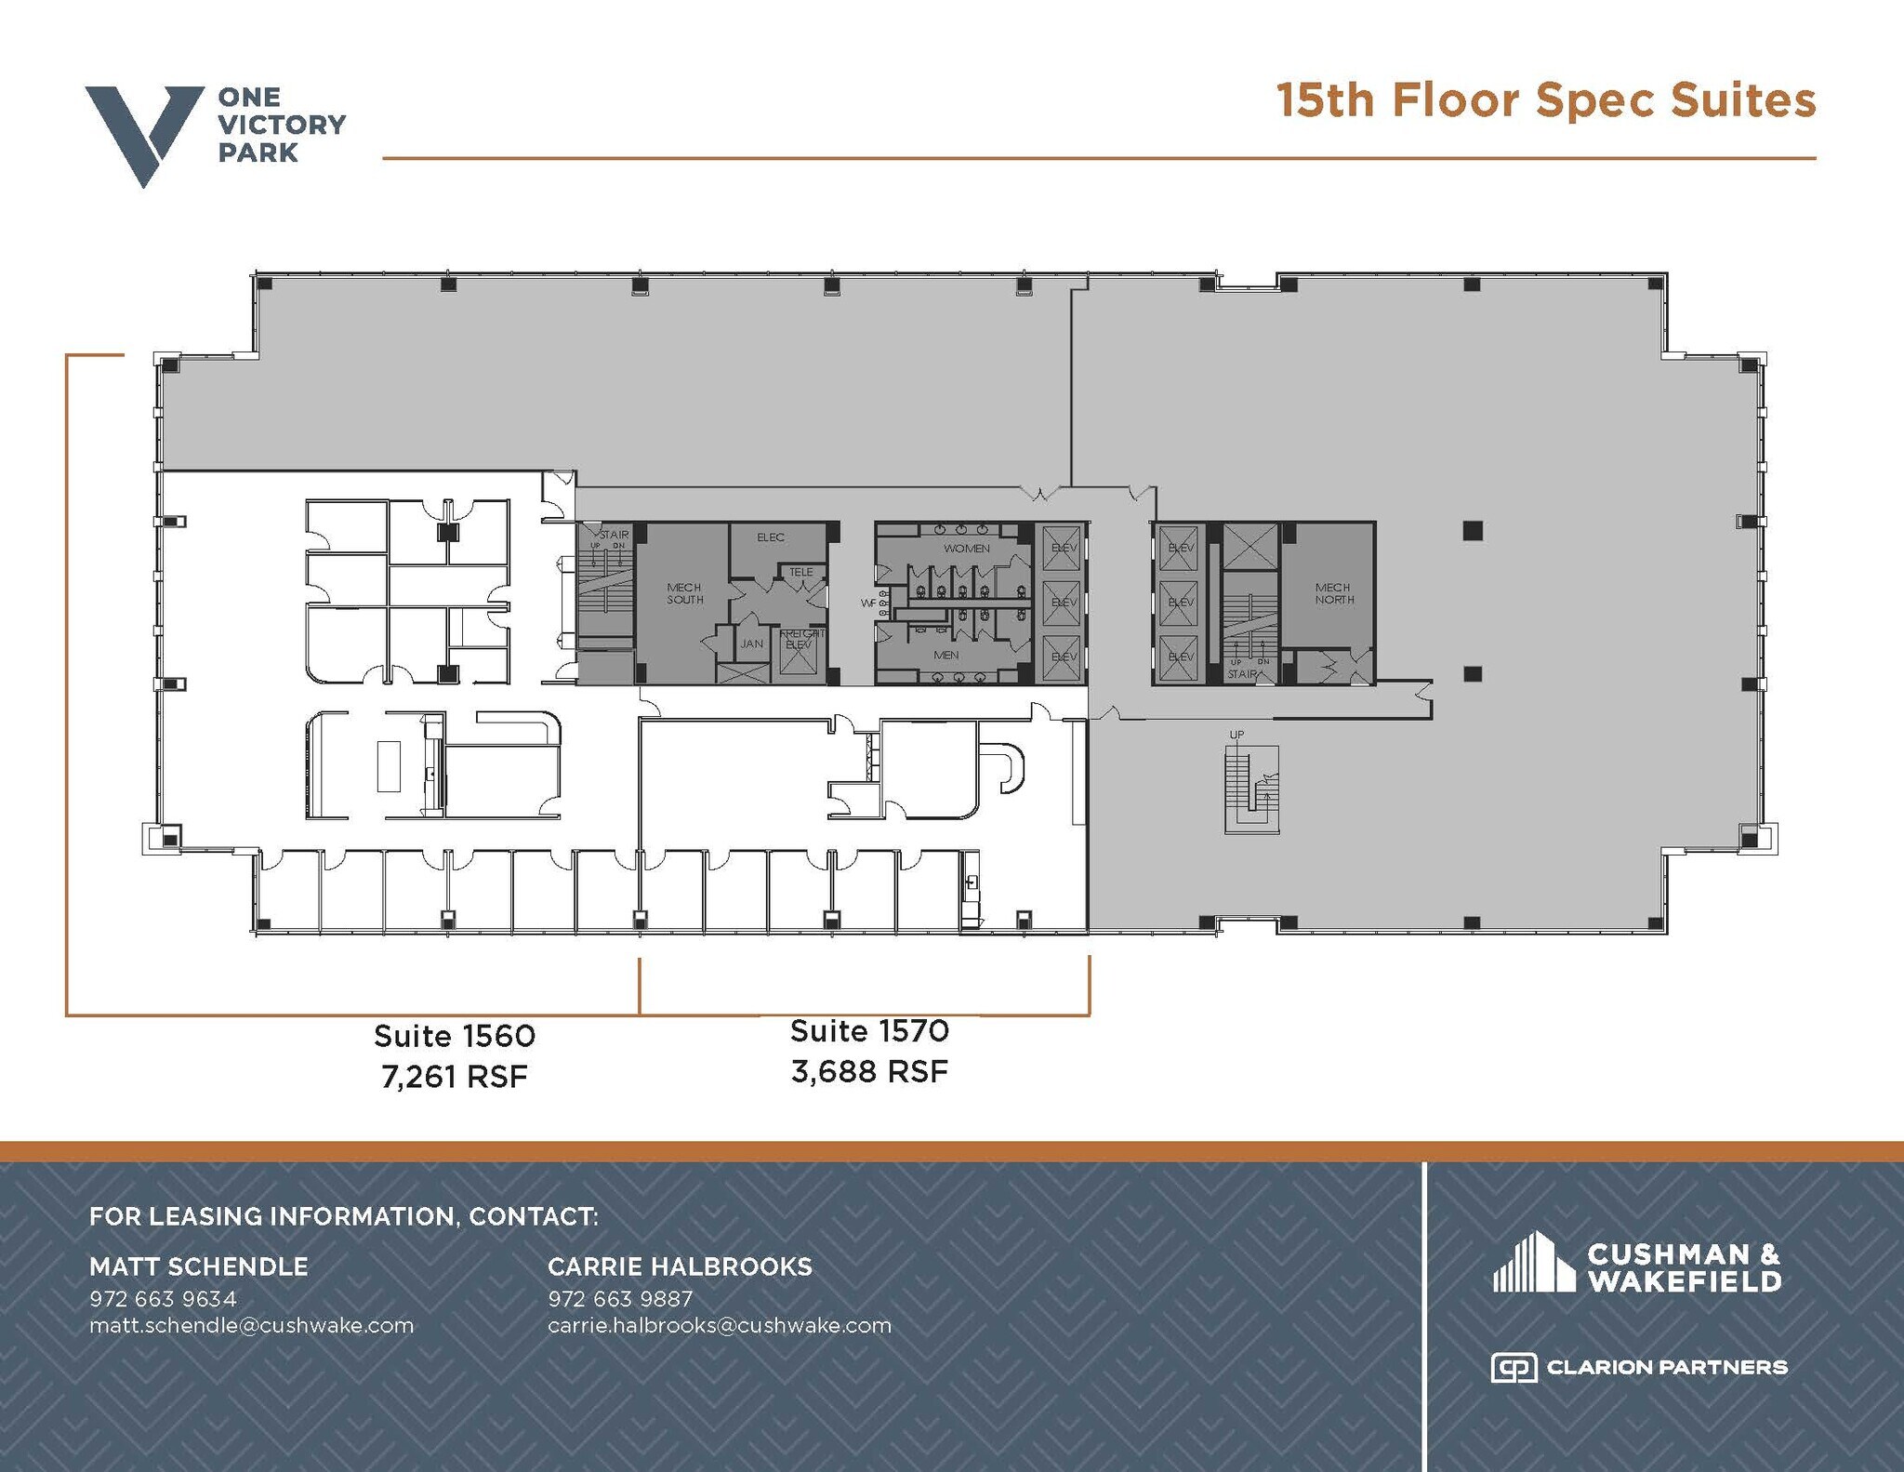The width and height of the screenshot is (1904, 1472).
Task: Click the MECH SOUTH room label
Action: (684, 593)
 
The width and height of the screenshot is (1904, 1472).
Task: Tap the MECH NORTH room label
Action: (1333, 593)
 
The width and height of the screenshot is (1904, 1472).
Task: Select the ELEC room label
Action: (770, 537)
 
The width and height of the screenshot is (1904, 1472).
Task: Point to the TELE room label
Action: (800, 572)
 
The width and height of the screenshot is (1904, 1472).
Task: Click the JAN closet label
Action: (751, 643)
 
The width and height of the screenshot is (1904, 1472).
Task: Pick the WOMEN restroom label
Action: (966, 549)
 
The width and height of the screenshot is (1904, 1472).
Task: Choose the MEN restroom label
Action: (945, 656)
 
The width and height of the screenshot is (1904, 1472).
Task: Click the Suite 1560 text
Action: (454, 1035)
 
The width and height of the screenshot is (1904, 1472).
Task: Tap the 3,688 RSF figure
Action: (869, 1072)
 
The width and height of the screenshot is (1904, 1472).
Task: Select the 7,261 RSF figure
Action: (454, 1077)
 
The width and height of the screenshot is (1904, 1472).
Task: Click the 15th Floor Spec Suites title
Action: (1545, 100)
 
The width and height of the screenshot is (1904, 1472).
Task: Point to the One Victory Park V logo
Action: (144, 135)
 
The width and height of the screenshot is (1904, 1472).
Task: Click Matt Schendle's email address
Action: (251, 1325)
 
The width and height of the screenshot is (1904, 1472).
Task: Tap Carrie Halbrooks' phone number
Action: (620, 1298)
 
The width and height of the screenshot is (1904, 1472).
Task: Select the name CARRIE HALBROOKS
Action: (680, 1266)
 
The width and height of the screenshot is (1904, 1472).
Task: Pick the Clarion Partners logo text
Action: (1666, 1367)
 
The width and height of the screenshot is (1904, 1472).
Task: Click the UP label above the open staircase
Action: (1236, 735)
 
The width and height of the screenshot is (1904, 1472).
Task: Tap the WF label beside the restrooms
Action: (867, 603)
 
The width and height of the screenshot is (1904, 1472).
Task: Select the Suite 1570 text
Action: (869, 1030)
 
